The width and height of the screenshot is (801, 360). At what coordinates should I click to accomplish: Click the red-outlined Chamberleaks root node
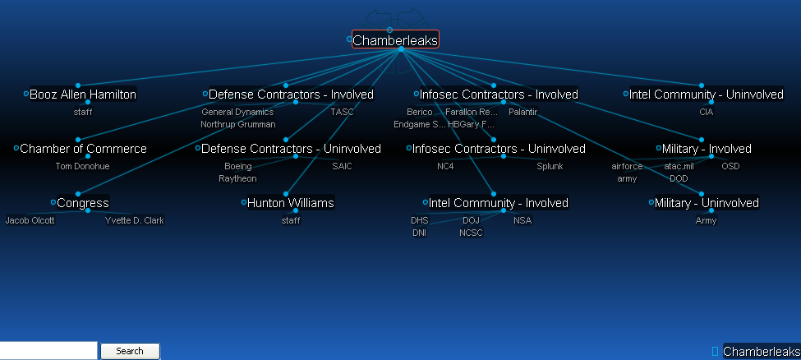pyautogui.click(x=395, y=39)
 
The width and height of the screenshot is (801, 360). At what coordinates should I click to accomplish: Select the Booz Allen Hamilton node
pyautogui.click(x=83, y=95)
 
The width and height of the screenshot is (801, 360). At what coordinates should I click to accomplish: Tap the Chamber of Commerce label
pyautogui.click(x=83, y=149)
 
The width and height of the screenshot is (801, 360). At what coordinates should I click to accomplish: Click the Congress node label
pyautogui.click(x=83, y=203)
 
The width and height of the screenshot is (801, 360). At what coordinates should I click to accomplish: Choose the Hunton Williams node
pyautogui.click(x=291, y=203)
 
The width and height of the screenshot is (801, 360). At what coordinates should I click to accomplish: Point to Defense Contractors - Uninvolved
pyautogui.click(x=291, y=149)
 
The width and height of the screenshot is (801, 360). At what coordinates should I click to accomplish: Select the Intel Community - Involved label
pyautogui.click(x=499, y=203)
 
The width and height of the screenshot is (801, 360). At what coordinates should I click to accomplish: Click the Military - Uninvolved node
pyautogui.click(x=707, y=203)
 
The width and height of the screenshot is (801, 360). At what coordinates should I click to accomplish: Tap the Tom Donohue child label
pyautogui.click(x=82, y=166)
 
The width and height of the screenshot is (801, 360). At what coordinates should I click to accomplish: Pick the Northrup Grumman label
pyautogui.click(x=238, y=124)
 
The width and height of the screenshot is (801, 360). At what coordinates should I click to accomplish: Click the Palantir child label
pyautogui.click(x=522, y=112)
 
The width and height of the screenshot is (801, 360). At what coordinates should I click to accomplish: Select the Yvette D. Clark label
pyautogui.click(x=135, y=220)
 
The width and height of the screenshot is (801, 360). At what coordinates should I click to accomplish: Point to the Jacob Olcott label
pyautogui.click(x=30, y=220)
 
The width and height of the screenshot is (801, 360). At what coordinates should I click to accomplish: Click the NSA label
pyautogui.click(x=522, y=220)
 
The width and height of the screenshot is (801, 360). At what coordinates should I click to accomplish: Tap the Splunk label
pyautogui.click(x=550, y=166)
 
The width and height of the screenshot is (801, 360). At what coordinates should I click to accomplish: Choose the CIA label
pyautogui.click(x=707, y=112)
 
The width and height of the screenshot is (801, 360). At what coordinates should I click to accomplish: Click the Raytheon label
pyautogui.click(x=237, y=178)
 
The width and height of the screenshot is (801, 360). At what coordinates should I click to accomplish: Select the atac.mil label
pyautogui.click(x=679, y=166)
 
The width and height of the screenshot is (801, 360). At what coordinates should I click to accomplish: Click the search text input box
pyautogui.click(x=48, y=351)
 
